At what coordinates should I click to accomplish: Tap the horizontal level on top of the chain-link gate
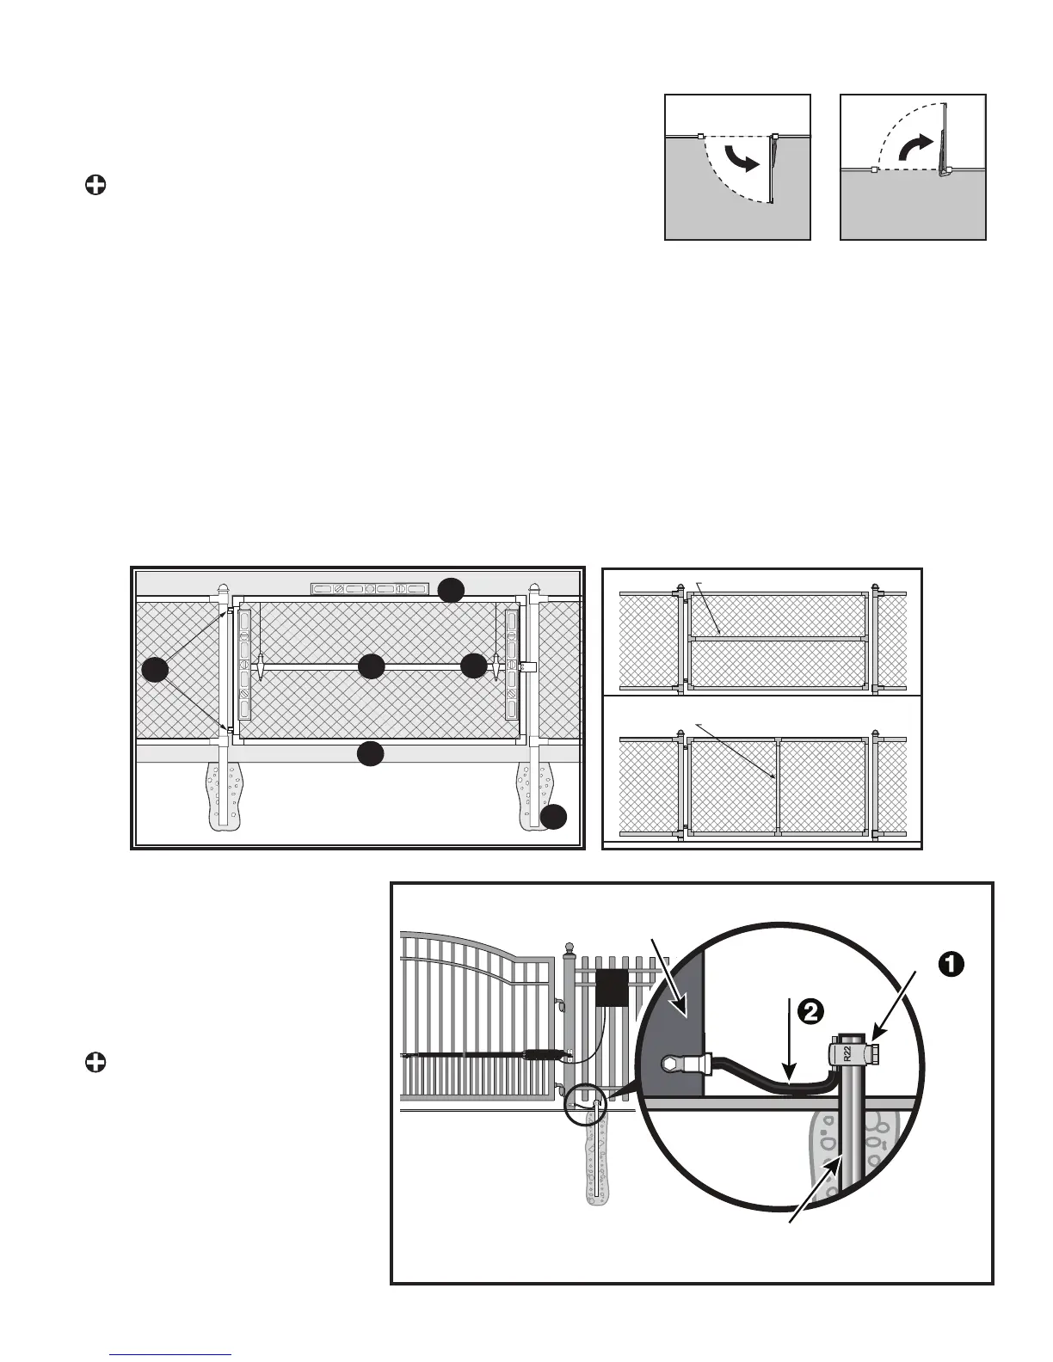pos(369,589)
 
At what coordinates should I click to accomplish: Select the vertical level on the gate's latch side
pos(513,663)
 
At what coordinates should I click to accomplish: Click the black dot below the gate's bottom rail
pos(370,754)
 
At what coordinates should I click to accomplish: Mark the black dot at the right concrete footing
pos(554,816)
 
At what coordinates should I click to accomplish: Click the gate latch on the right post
pos(530,666)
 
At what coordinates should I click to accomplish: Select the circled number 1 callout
pos(948,965)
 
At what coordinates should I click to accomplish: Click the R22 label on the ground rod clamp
pos(847,1054)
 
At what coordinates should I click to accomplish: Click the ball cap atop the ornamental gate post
pos(568,948)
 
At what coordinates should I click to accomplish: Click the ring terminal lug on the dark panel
pos(674,1063)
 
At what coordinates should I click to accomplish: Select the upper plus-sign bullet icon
pos(95,185)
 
